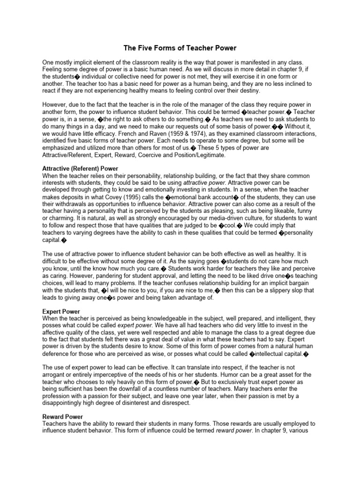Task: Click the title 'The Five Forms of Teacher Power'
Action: [x=180, y=48]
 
